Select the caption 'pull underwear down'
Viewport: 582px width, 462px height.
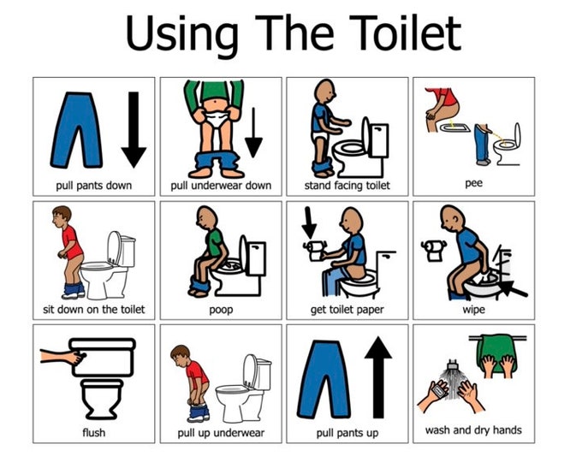coord(221,185)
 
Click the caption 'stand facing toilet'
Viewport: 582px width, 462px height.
coord(347,185)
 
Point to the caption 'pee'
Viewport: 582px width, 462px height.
coord(473,183)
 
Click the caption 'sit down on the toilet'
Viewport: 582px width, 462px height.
coord(93,309)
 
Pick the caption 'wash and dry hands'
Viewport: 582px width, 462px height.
coord(473,429)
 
